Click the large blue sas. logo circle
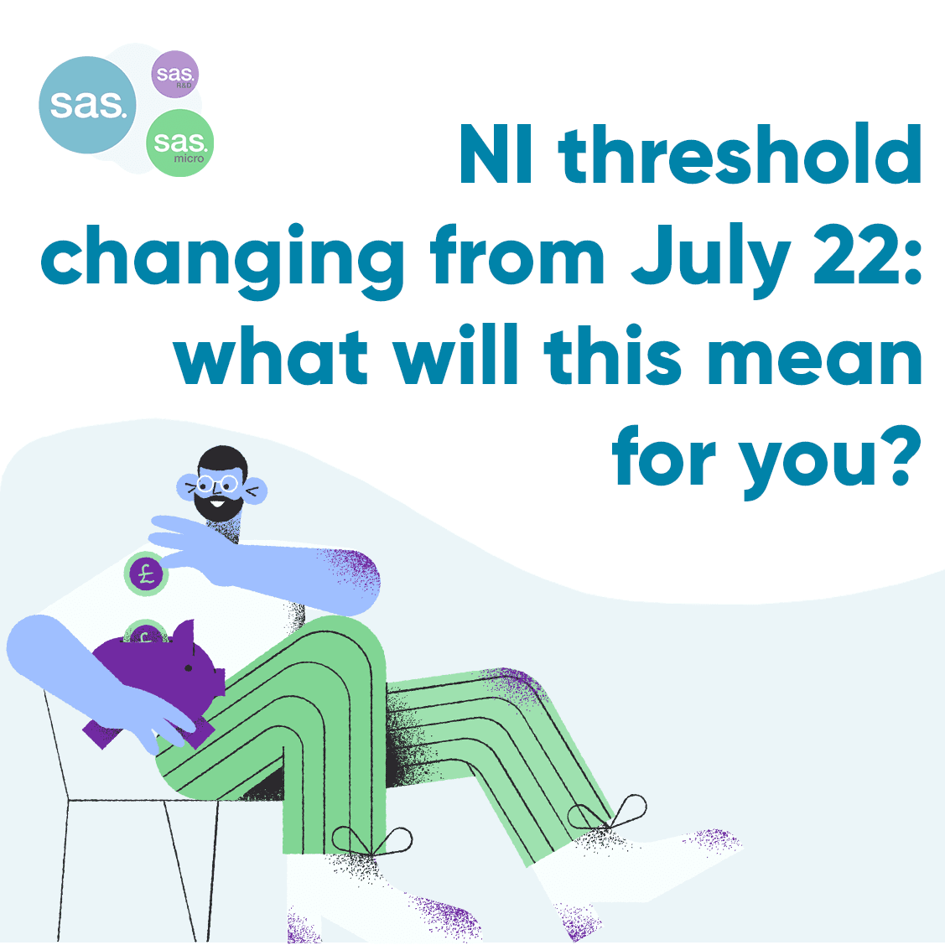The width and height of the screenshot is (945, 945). point(87,105)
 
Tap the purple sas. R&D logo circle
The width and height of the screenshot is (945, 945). point(174,74)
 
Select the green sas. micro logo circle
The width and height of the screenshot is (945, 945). point(179,143)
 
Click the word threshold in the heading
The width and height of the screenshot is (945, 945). point(740,153)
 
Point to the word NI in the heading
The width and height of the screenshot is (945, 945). point(496,153)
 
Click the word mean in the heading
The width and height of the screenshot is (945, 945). point(814,361)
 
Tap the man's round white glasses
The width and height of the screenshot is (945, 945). point(217,484)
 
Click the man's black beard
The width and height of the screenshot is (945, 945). point(217,507)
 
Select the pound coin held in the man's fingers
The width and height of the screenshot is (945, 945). point(147,574)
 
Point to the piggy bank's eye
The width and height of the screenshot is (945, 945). point(189,667)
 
